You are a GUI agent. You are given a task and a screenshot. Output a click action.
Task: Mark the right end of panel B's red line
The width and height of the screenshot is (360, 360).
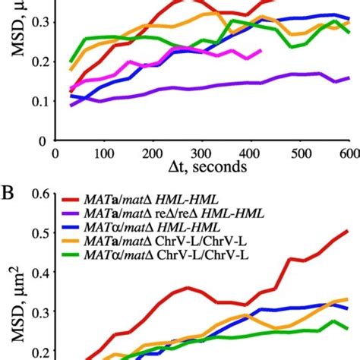(x=348, y=230)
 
